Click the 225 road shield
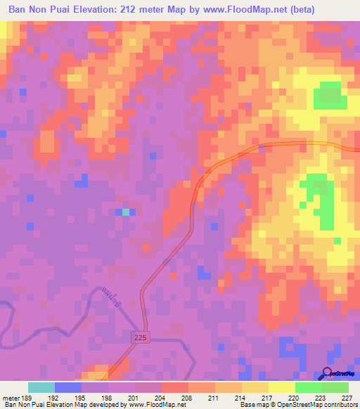[x=139, y=339]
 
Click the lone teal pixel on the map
[x=126, y=212]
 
